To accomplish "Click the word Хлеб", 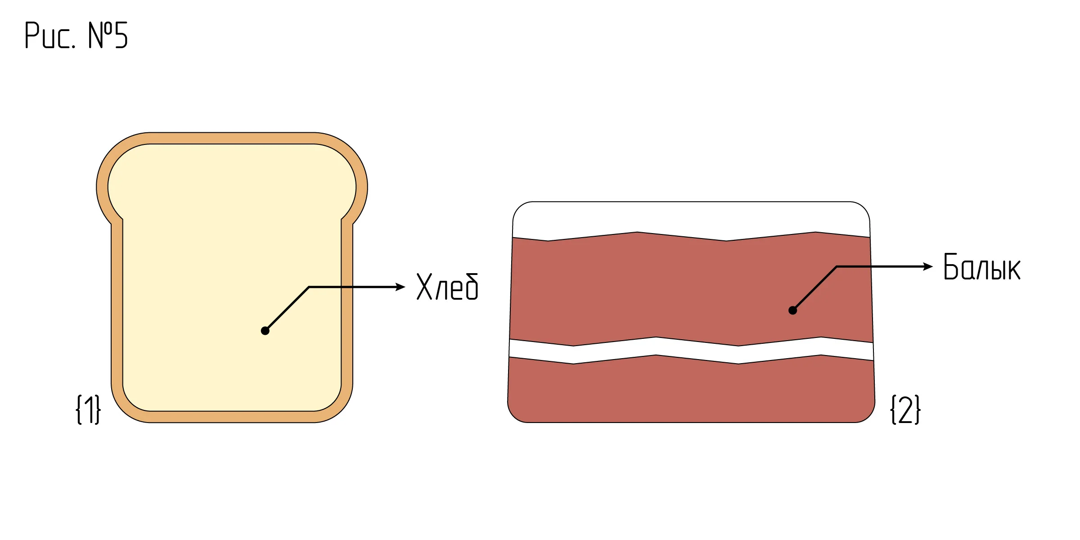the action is [x=447, y=287].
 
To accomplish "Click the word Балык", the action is [x=981, y=267].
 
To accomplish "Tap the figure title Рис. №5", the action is [x=76, y=35].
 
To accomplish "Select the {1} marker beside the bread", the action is [x=88, y=409].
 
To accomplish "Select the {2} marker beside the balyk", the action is [x=905, y=409].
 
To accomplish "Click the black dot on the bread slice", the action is [x=265, y=331].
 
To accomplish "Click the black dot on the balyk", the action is [x=793, y=310].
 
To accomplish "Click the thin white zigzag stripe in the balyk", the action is [x=691, y=351].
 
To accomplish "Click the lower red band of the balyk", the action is [x=691, y=391].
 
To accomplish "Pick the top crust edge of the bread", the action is [x=232, y=138].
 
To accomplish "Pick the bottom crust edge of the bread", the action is [x=232, y=417].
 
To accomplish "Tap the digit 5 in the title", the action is [x=121, y=35].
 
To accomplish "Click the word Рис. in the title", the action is [x=50, y=35].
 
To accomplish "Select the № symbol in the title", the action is [x=100, y=35].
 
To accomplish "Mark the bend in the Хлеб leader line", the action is [x=309, y=287].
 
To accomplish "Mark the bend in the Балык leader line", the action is [x=837, y=266].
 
